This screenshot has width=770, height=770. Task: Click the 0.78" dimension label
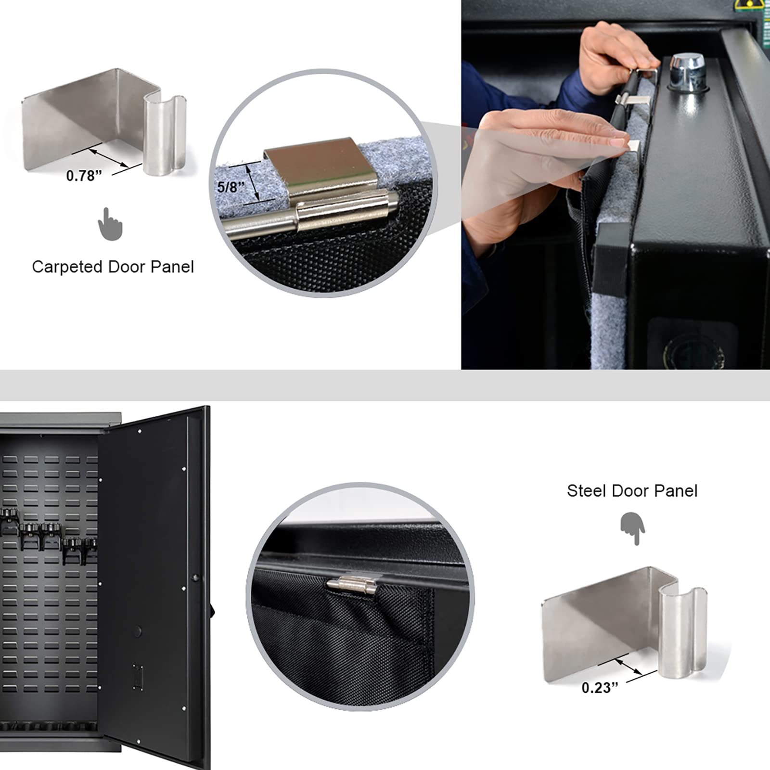pyautogui.click(x=84, y=176)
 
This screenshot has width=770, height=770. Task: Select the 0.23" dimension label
pyautogui.click(x=599, y=688)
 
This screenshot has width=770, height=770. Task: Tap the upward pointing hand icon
pyautogui.click(x=110, y=224)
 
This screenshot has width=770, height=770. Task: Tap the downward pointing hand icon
pyautogui.click(x=633, y=528)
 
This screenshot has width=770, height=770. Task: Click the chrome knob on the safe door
pyautogui.click(x=687, y=72)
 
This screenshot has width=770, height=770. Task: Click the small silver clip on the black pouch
pyautogui.click(x=351, y=585)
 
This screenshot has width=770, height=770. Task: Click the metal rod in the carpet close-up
pyautogui.click(x=260, y=226)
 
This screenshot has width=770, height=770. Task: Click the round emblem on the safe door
pyautogui.click(x=693, y=349)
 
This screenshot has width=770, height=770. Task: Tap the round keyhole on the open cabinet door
pyautogui.click(x=138, y=631)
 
